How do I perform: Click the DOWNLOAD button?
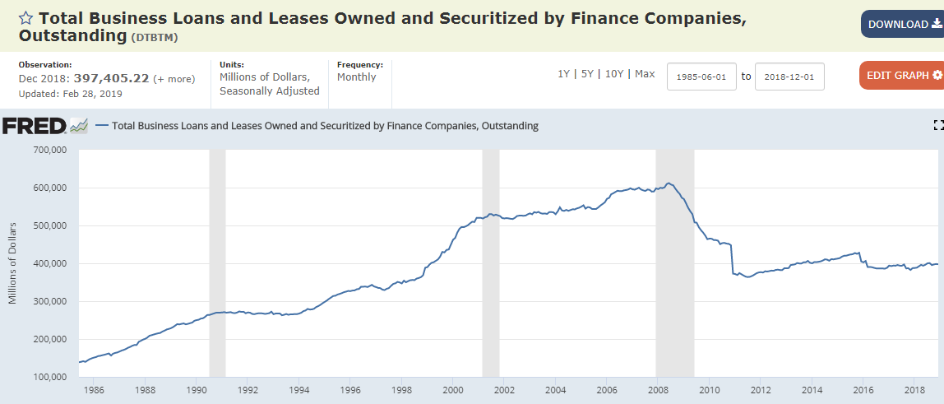pos(901,24)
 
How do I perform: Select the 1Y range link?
pos(563,74)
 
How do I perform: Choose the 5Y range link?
pos(587,74)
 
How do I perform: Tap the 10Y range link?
pos(613,74)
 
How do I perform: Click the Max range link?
pos(645,74)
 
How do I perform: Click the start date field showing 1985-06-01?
pos(701,77)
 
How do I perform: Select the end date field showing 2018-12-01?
pos(789,77)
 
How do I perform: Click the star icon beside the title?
pos(25,18)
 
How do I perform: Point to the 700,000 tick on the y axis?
pos(49,150)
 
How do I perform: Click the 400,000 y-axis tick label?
pos(49,263)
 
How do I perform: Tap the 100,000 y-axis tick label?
pos(49,377)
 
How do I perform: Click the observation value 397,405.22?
pos(111,79)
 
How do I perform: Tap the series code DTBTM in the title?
pos(155,37)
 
